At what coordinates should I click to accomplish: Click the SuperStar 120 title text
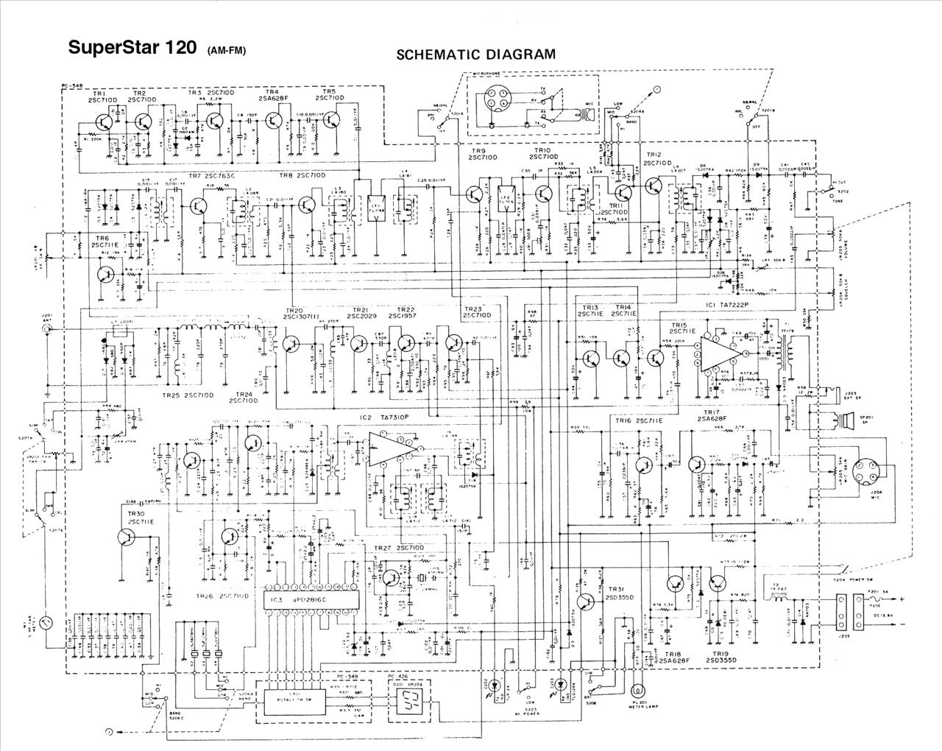click(x=132, y=48)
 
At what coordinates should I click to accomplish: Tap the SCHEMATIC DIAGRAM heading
click(x=475, y=54)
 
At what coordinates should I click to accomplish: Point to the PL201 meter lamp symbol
click(x=637, y=691)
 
